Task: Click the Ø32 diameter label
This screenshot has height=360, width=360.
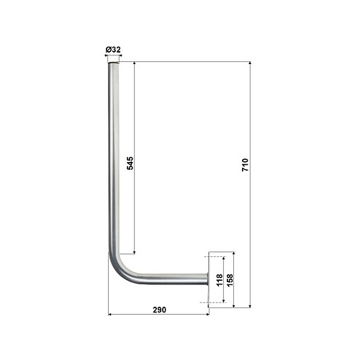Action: (113, 50)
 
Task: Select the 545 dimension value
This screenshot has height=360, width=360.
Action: (130, 163)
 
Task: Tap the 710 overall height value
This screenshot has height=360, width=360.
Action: (245, 165)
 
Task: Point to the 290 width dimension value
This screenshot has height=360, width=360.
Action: (160, 310)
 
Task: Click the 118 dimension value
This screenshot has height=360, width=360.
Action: (220, 280)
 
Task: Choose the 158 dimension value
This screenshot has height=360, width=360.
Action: (230, 280)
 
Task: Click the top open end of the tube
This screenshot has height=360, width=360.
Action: (113, 63)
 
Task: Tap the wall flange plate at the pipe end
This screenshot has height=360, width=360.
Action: (208, 279)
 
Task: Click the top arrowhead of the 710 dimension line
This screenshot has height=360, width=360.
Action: (250, 63)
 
